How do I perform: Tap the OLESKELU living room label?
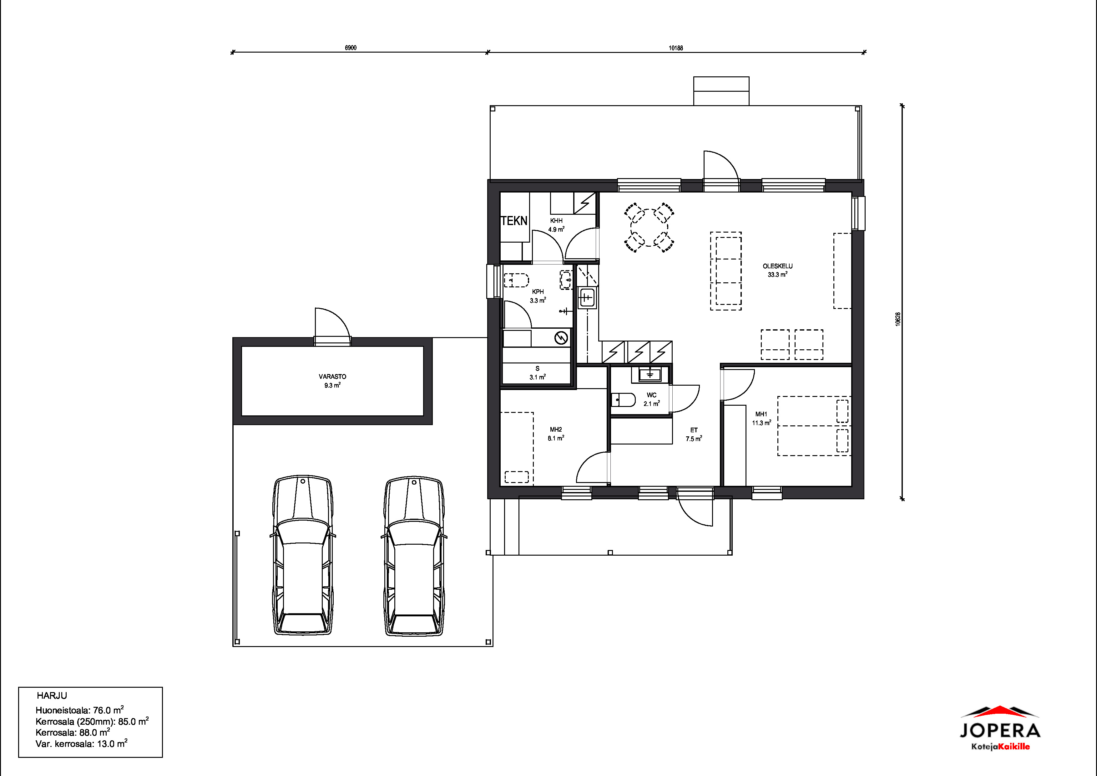[x=777, y=266]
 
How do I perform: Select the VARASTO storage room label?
[x=332, y=377]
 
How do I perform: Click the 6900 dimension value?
[x=351, y=48]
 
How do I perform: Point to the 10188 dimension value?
[x=675, y=48]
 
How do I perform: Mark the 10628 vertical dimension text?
[x=898, y=319]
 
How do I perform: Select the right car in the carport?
[x=414, y=556]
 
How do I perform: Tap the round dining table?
[x=649, y=228]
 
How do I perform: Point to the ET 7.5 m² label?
[x=694, y=434]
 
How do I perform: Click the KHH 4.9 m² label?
[x=556, y=225]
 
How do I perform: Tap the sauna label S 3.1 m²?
[x=538, y=373]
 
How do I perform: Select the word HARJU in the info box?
[x=52, y=696]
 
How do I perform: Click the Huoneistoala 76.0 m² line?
[x=80, y=710]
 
